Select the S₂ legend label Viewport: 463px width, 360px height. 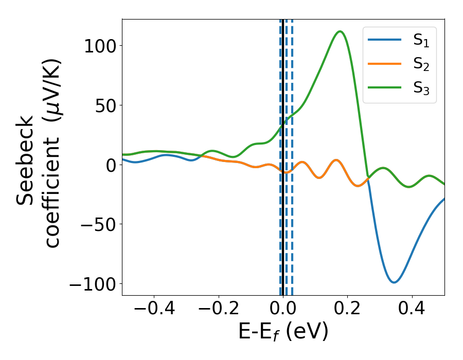coord(421,65)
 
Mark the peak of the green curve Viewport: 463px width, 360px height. coord(340,31)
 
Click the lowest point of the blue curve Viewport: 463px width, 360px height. coord(394,282)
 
